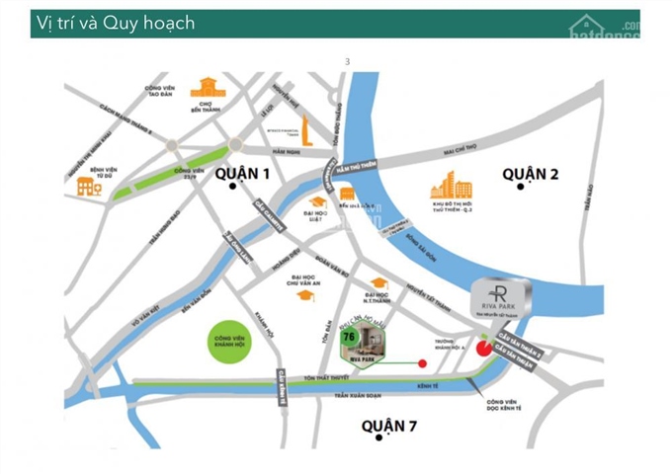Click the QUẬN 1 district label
point(242,174)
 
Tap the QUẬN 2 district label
point(530,174)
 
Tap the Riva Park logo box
point(501,299)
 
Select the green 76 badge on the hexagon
point(348,337)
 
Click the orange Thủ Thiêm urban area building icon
point(452,188)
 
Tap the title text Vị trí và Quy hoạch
point(114,23)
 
